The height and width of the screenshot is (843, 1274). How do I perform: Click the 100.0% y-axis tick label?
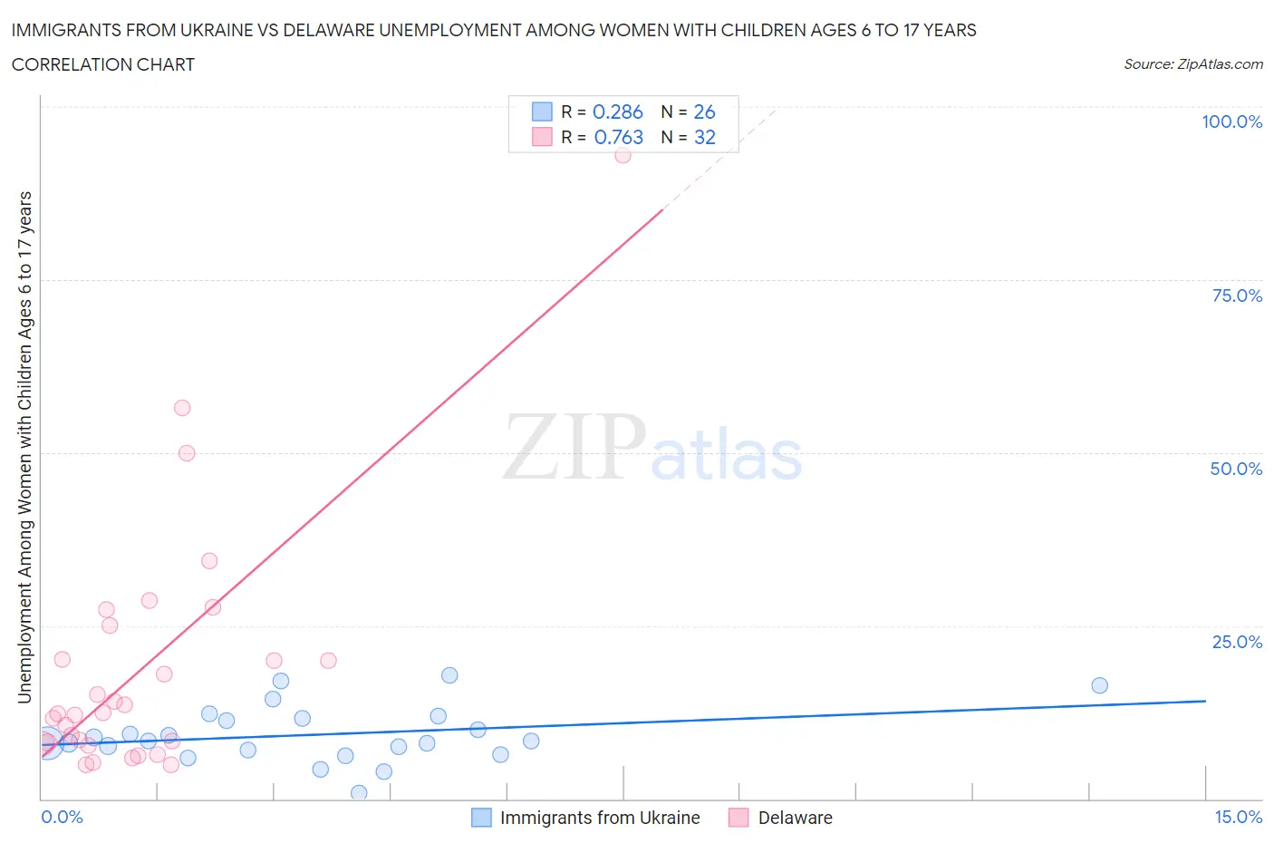coord(1231,121)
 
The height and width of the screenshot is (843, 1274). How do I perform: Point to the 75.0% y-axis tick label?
coord(1237,296)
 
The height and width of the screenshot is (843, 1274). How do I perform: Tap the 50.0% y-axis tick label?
coord(1236,469)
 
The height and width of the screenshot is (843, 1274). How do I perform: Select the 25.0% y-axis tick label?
coord(1237,642)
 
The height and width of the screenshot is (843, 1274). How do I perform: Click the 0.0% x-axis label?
coord(62,817)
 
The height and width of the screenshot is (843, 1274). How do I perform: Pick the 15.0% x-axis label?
coord(1238,817)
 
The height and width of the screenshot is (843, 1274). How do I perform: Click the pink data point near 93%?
coord(623,155)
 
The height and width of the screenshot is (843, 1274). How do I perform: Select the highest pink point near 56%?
coord(182,408)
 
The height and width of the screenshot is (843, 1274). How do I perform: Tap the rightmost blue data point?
coord(1099,685)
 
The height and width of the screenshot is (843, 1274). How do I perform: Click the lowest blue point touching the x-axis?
coord(359,793)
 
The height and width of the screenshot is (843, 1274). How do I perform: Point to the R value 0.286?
coord(617,111)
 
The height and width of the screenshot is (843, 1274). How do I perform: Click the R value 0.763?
coord(618,137)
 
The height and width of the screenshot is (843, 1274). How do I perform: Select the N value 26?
coord(704,111)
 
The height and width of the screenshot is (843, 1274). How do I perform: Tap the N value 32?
coord(704,137)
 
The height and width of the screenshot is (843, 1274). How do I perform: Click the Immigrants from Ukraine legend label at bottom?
coord(600,818)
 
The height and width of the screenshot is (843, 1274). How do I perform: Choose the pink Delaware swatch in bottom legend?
coord(738,818)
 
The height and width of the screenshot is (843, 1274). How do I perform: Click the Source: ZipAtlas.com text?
coord(1192,63)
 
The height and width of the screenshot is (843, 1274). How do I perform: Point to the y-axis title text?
coord(24,447)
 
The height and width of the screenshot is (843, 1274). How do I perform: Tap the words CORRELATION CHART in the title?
coord(103,64)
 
